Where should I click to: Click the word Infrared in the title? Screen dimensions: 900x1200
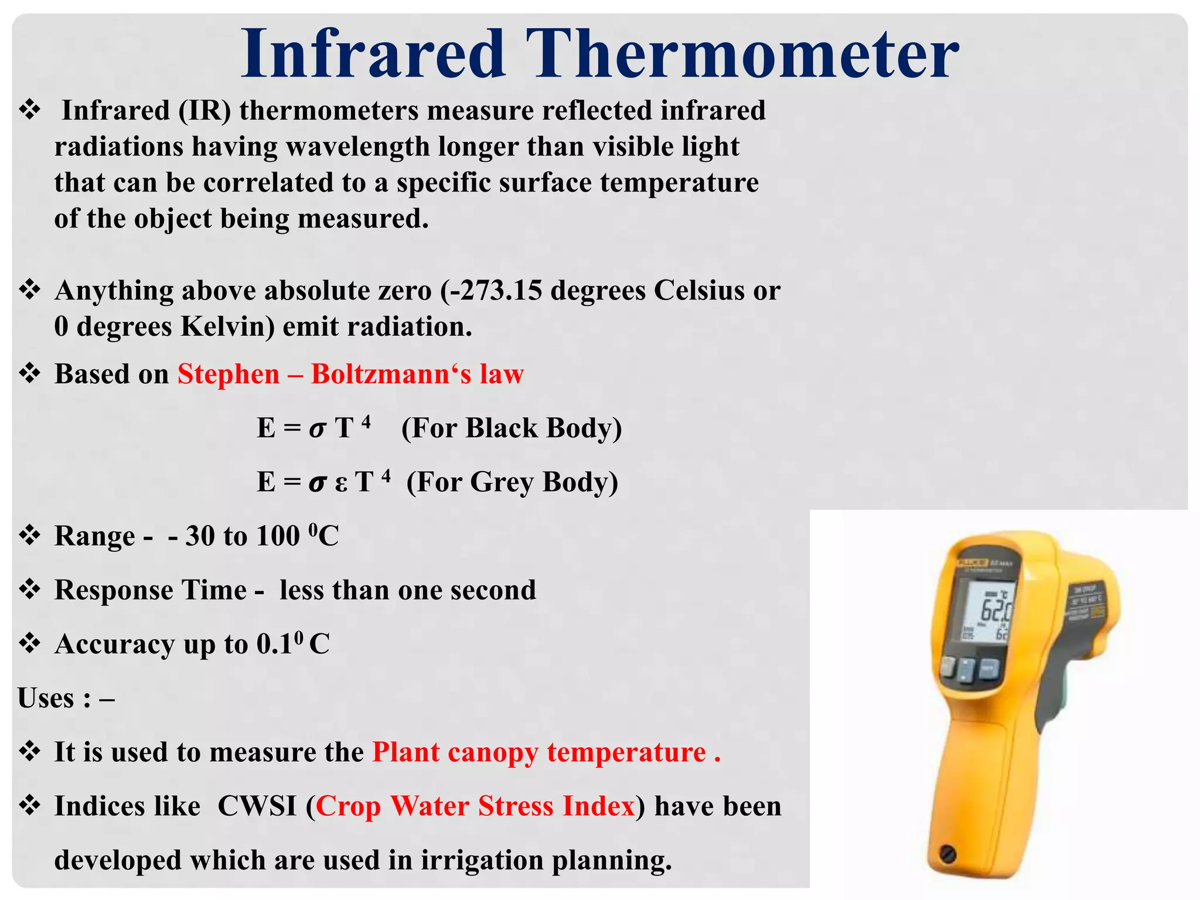[373, 54]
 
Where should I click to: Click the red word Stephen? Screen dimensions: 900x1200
[229, 374]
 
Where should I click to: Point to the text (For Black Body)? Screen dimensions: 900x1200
[511, 428]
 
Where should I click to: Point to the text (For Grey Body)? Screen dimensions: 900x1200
[512, 482]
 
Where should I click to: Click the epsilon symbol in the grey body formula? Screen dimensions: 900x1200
[341, 484]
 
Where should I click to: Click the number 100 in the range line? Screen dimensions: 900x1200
[278, 536]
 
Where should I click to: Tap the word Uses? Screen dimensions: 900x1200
[46, 698]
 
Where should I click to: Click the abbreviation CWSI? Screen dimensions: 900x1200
[257, 806]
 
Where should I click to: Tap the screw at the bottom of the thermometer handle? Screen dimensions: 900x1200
[947, 854]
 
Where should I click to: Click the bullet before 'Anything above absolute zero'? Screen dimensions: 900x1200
[29, 289]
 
